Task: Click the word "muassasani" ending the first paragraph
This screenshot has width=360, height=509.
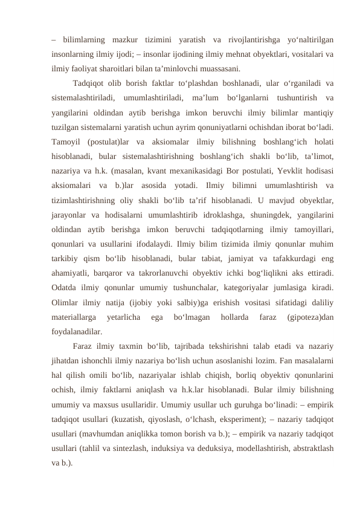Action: (219, 68)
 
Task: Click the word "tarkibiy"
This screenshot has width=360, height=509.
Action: (67, 258)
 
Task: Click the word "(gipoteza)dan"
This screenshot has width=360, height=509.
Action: (310, 316)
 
